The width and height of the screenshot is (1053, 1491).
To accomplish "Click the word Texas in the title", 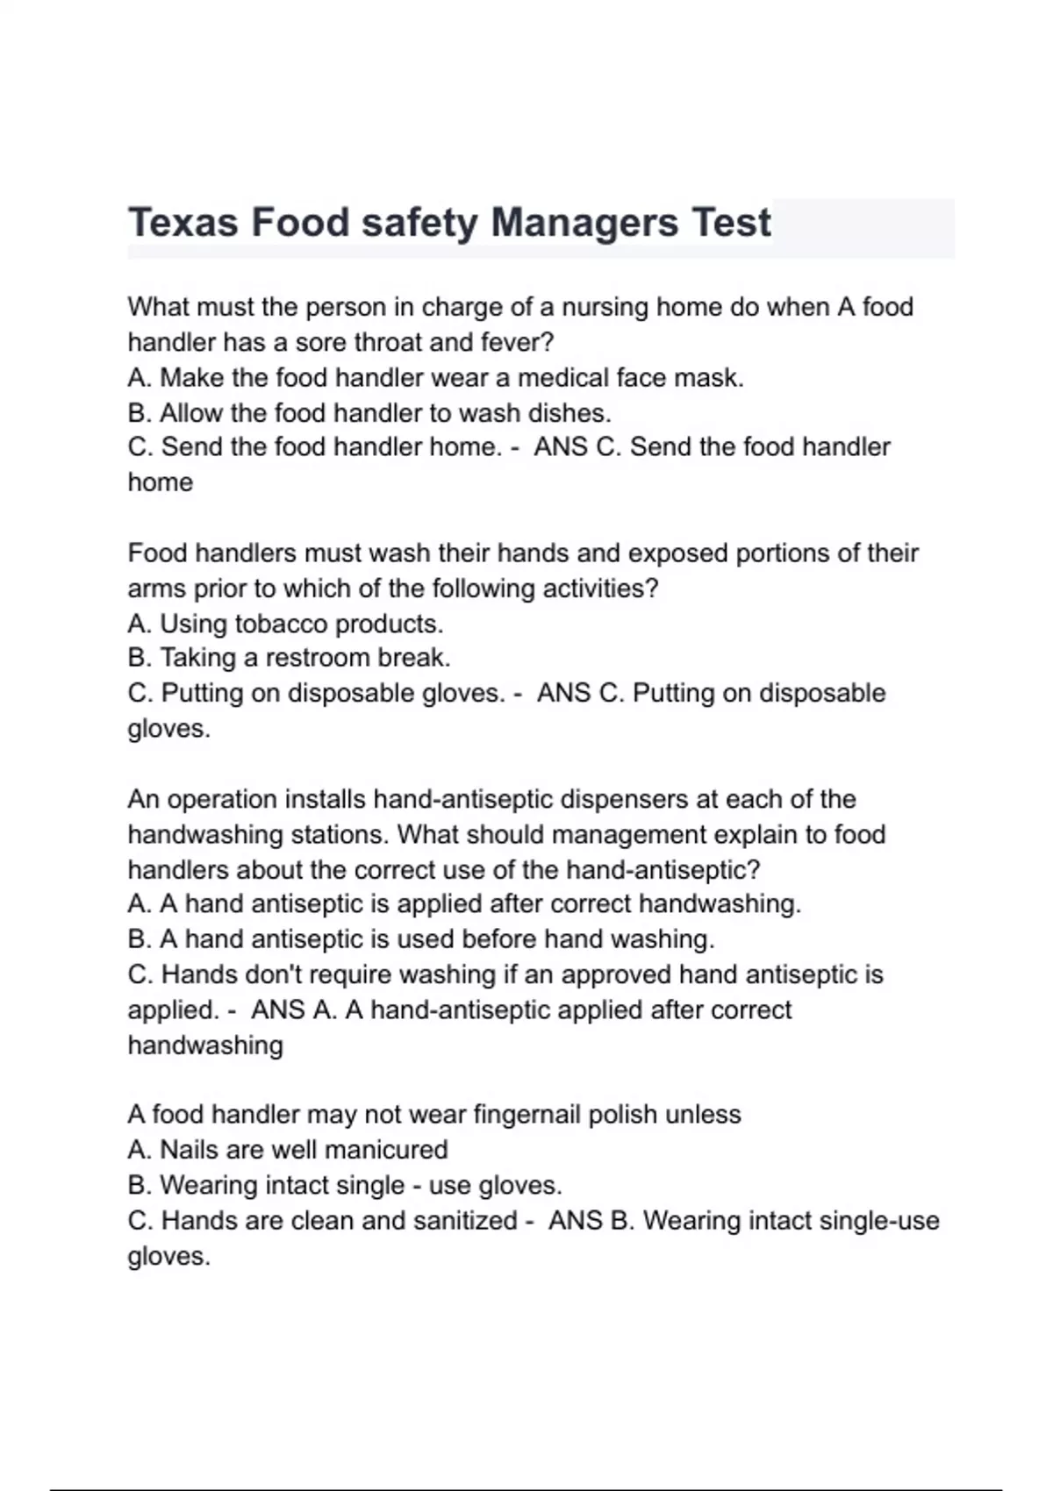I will tap(183, 223).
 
